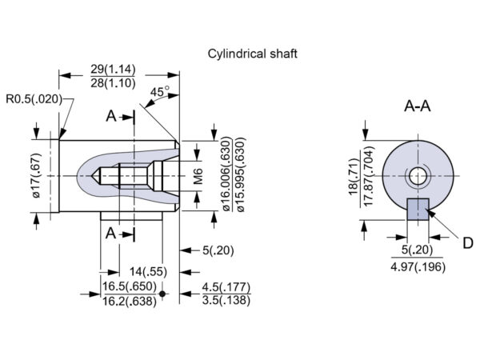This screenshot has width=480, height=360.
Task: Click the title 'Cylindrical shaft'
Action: pyautogui.click(x=253, y=54)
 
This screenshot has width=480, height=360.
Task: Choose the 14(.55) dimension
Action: pyautogui.click(x=150, y=272)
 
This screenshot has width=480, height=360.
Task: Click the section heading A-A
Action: pyautogui.click(x=417, y=106)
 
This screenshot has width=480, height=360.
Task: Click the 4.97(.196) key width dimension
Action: pyautogui.click(x=416, y=267)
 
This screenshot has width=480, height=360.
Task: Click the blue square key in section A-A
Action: pyautogui.click(x=418, y=210)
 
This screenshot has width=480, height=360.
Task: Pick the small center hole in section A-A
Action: pyautogui.click(x=417, y=175)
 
